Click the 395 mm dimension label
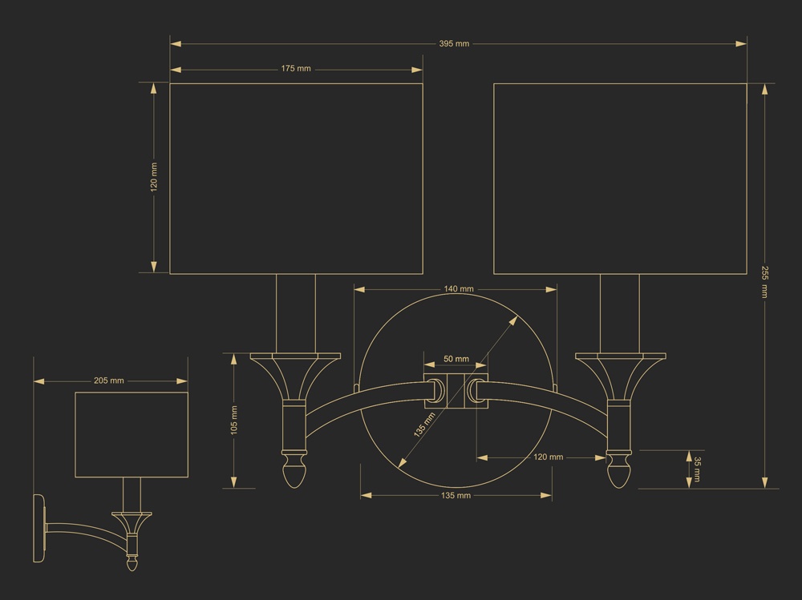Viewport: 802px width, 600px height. (454, 44)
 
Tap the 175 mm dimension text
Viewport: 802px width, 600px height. (296, 68)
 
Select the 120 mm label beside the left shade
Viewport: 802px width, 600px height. (154, 177)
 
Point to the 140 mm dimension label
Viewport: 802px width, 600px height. (458, 288)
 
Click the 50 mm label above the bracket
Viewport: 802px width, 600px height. (456, 359)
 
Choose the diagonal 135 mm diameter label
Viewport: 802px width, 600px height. (424, 425)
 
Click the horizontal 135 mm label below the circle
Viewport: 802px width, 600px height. (456, 496)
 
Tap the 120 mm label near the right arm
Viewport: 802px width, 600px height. (549, 457)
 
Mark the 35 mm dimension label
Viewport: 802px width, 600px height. (697, 469)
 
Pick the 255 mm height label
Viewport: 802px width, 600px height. (764, 282)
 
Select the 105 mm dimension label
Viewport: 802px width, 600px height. (233, 420)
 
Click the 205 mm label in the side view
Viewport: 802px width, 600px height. (108, 381)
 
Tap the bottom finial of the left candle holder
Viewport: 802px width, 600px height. (294, 469)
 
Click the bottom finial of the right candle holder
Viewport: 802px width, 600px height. (619, 469)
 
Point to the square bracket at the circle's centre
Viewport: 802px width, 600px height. (456, 391)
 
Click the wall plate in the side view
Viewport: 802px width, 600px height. (38, 529)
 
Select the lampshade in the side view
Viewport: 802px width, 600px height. (132, 435)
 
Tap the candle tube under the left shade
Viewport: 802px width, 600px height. (296, 313)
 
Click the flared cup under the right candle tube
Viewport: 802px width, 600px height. (621, 377)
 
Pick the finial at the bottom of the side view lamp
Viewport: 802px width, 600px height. (132, 563)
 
